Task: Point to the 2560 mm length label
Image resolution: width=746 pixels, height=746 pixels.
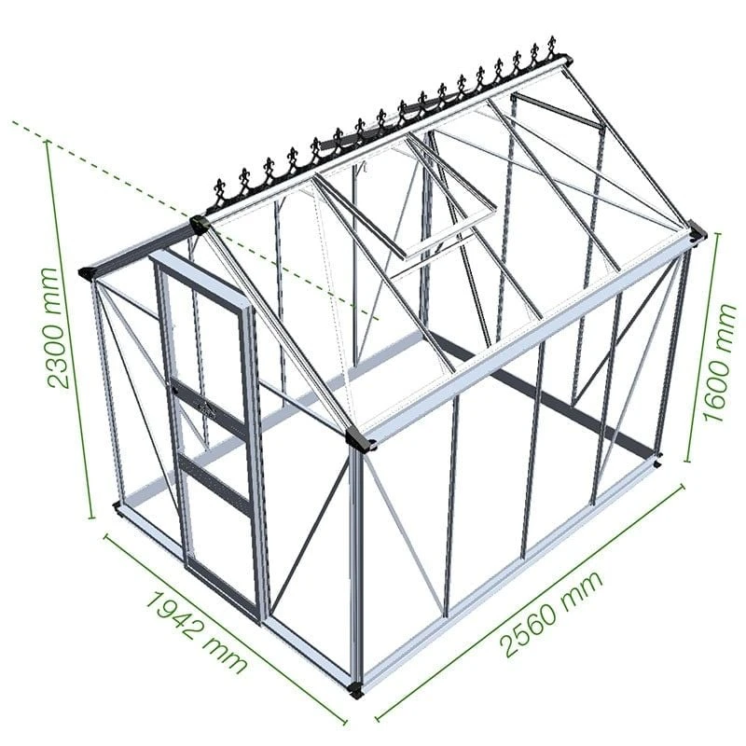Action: pos(550,611)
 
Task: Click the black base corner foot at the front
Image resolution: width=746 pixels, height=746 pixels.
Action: pos(355,691)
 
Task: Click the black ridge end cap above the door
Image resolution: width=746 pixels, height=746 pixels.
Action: pos(197,224)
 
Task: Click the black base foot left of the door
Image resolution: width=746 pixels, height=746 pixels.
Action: pos(117,507)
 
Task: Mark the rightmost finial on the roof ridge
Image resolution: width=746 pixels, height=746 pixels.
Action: pos(551,47)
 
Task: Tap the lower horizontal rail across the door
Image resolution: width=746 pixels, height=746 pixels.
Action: pos(214,483)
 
